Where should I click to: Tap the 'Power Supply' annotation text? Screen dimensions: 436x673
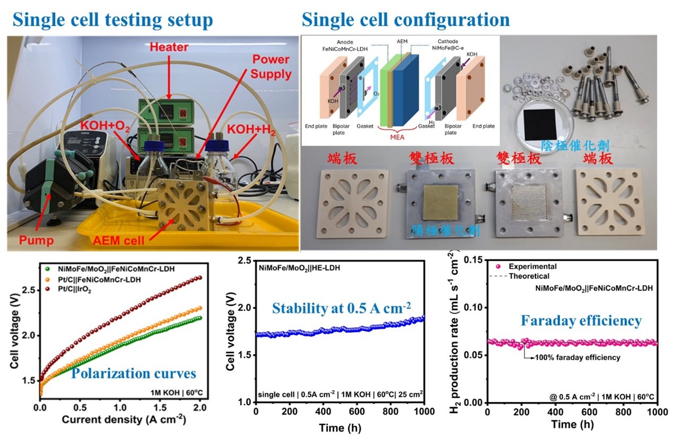[x=271, y=67]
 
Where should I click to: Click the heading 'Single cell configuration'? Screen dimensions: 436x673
[x=406, y=20]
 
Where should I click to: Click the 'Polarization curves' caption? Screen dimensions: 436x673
[x=134, y=373]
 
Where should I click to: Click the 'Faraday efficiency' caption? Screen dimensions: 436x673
[x=581, y=321]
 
